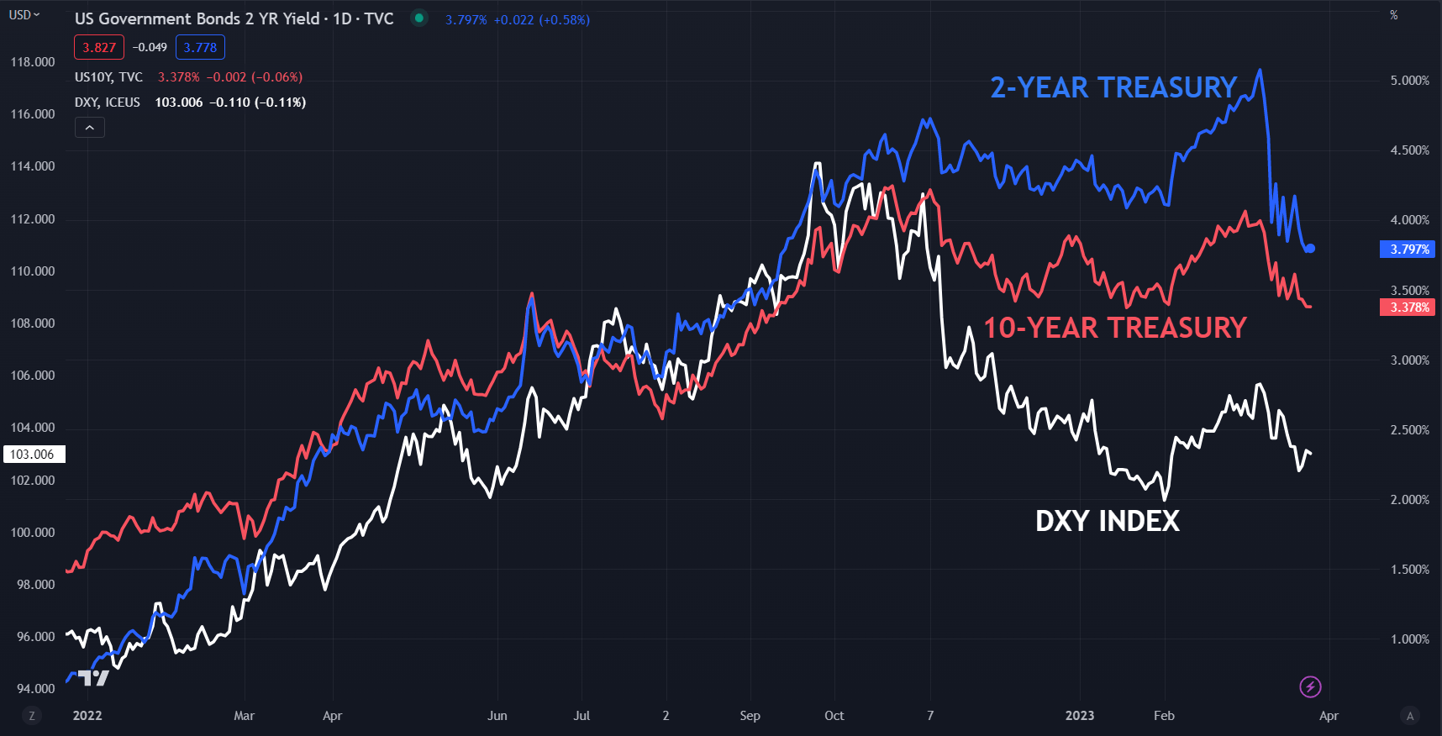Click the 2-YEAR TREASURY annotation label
click(x=1113, y=87)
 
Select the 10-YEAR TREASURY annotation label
click(x=1114, y=328)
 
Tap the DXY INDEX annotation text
click(x=1107, y=521)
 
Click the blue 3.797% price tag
click(x=1408, y=249)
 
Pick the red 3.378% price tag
click(x=1408, y=308)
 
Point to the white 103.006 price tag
click(x=33, y=455)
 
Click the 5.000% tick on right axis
click(x=1409, y=81)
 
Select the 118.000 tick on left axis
click(x=33, y=62)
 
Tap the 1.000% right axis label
click(x=1409, y=639)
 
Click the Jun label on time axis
click(x=497, y=716)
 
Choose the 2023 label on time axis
click(x=1080, y=716)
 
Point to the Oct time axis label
click(x=834, y=716)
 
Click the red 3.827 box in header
click(x=99, y=48)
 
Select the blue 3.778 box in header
click(x=200, y=48)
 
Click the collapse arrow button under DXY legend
click(x=90, y=128)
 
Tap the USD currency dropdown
click(x=24, y=15)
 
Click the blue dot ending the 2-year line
click(x=1310, y=249)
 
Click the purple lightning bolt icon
click(x=1310, y=687)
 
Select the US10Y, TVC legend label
click(x=108, y=77)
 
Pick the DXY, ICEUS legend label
click(x=108, y=103)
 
